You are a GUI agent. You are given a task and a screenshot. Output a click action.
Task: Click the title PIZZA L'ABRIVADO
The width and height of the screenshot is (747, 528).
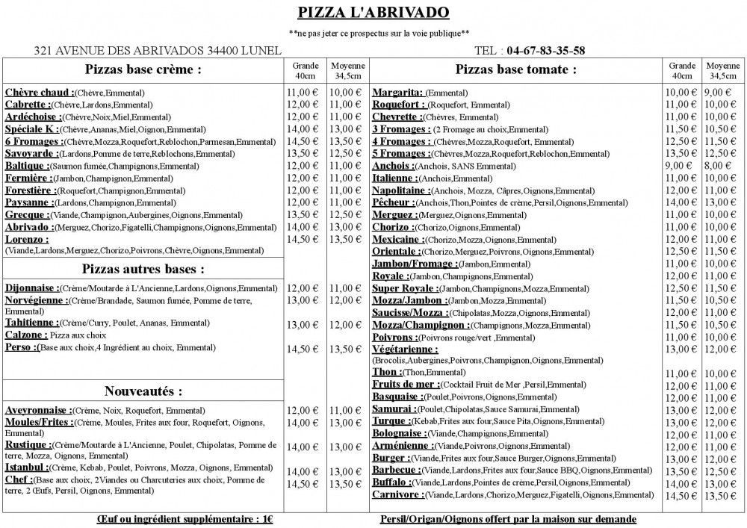(373, 12)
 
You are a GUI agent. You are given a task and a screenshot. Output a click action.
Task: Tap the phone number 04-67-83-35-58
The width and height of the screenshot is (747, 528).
(545, 51)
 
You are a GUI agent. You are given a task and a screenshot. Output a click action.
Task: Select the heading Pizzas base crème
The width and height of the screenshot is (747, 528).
(143, 69)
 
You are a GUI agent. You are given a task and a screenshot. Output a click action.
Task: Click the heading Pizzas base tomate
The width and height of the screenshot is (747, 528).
(515, 69)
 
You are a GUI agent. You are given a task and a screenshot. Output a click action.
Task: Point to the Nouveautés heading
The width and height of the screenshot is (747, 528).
(143, 391)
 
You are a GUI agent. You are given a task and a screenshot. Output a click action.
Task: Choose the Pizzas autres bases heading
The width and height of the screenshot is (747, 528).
(143, 269)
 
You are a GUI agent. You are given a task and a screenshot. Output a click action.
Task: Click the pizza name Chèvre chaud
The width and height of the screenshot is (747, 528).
(39, 93)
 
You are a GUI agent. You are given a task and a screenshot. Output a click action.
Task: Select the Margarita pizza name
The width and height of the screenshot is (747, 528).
(397, 93)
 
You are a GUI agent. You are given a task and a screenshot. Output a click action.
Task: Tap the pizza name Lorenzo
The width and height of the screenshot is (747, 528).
(27, 240)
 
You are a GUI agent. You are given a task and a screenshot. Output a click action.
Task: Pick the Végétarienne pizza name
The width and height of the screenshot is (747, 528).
(405, 349)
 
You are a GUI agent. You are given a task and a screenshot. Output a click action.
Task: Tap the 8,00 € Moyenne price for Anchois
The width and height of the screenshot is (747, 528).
(718, 166)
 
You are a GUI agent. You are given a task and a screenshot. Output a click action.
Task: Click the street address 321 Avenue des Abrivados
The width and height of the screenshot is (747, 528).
(158, 51)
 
